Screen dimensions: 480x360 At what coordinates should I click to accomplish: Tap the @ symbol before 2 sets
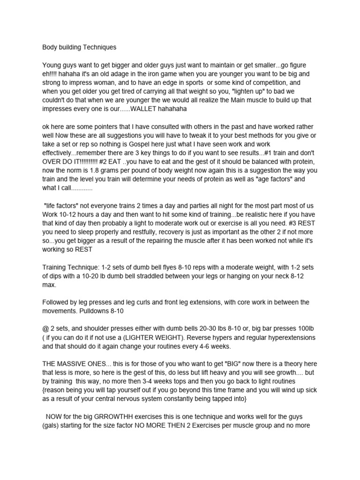coord(46,329)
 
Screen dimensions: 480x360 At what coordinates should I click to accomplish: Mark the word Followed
coord(57,302)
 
